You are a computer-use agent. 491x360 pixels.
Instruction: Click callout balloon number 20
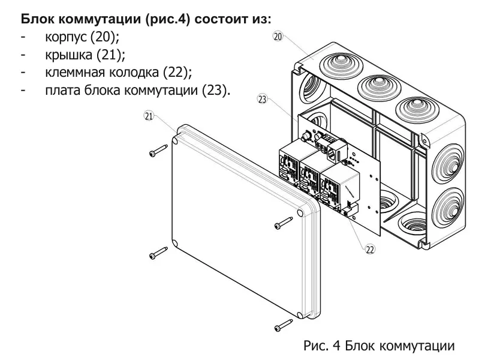tap(277, 37)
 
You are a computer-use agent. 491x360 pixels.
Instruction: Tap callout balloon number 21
tap(149, 116)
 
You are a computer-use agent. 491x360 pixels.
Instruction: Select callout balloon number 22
tap(370, 249)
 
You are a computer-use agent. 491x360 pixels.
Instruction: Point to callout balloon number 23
tap(262, 100)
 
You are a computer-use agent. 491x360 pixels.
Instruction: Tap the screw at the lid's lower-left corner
tap(157, 254)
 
